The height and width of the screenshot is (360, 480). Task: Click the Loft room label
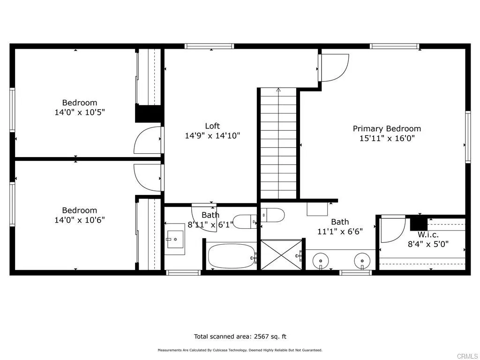click(212, 126)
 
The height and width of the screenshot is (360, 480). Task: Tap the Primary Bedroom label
click(387, 128)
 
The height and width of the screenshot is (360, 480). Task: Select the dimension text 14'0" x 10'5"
click(80, 112)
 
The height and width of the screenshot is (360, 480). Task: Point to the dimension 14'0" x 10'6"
click(80, 220)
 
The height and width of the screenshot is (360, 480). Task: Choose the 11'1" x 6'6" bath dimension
click(340, 231)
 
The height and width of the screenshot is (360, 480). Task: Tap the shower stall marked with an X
click(281, 255)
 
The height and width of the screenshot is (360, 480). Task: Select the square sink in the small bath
click(175, 239)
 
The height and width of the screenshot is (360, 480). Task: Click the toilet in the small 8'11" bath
click(245, 221)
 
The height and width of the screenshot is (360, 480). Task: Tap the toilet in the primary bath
click(272, 215)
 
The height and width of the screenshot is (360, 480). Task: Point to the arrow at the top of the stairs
click(278, 90)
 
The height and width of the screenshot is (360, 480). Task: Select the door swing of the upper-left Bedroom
click(148, 141)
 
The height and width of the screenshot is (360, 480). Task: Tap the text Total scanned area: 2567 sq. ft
click(240, 336)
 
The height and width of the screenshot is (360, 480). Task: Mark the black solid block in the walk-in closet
click(419, 223)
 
